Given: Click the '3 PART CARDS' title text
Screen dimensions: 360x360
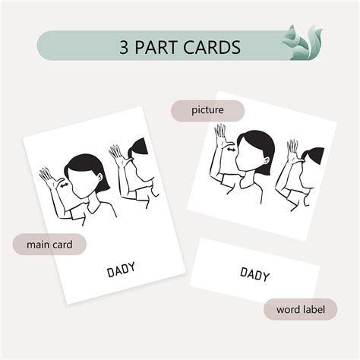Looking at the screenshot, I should (179, 47).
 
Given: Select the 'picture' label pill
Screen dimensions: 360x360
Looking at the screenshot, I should (207, 111).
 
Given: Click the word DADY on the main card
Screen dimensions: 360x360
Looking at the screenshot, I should (122, 269).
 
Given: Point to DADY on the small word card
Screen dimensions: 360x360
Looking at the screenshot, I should (254, 273).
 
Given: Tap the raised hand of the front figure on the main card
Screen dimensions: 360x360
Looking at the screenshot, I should (50, 179).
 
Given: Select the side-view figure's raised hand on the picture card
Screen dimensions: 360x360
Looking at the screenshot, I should (292, 149).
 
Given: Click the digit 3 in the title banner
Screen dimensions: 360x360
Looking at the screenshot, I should (125, 47).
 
